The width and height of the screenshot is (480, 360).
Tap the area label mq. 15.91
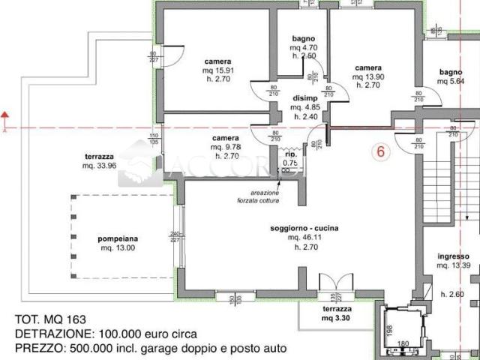[x=217, y=71]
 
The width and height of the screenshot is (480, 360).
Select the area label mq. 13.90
[x=369, y=76]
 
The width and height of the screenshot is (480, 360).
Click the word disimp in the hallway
[x=304, y=97]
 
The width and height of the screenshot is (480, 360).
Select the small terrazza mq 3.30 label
[x=337, y=318]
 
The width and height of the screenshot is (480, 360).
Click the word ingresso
[x=453, y=256]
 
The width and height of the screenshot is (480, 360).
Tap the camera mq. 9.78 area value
[x=225, y=148]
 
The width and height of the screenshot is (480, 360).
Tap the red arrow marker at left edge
[x=6, y=116]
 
